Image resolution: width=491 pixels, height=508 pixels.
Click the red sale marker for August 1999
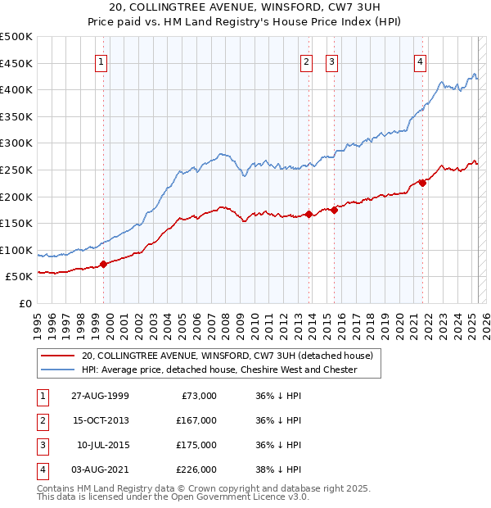tap(104, 264)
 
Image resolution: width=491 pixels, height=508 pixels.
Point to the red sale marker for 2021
tap(423, 183)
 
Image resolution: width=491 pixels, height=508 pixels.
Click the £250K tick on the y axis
tap(16, 170)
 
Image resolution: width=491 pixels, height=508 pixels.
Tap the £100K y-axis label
tap(16, 250)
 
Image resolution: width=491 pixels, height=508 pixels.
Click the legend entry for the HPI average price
tap(218, 370)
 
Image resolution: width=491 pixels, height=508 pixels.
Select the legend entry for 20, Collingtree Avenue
tap(227, 356)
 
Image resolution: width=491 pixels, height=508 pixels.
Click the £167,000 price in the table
tap(197, 420)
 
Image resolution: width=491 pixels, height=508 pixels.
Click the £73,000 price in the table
tap(200, 396)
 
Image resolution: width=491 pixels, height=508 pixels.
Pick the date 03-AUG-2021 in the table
tap(101, 469)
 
